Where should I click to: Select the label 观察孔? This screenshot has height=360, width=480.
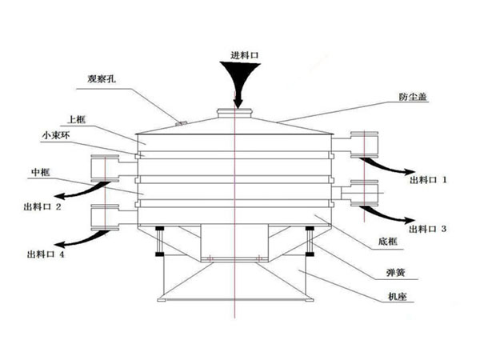click(x=102, y=80)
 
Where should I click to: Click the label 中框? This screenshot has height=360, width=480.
click(x=41, y=171)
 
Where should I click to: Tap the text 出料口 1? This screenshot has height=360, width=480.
click(x=428, y=181)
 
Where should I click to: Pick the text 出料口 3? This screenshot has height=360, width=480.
click(x=428, y=228)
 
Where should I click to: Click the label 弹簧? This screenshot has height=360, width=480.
click(x=394, y=272)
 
